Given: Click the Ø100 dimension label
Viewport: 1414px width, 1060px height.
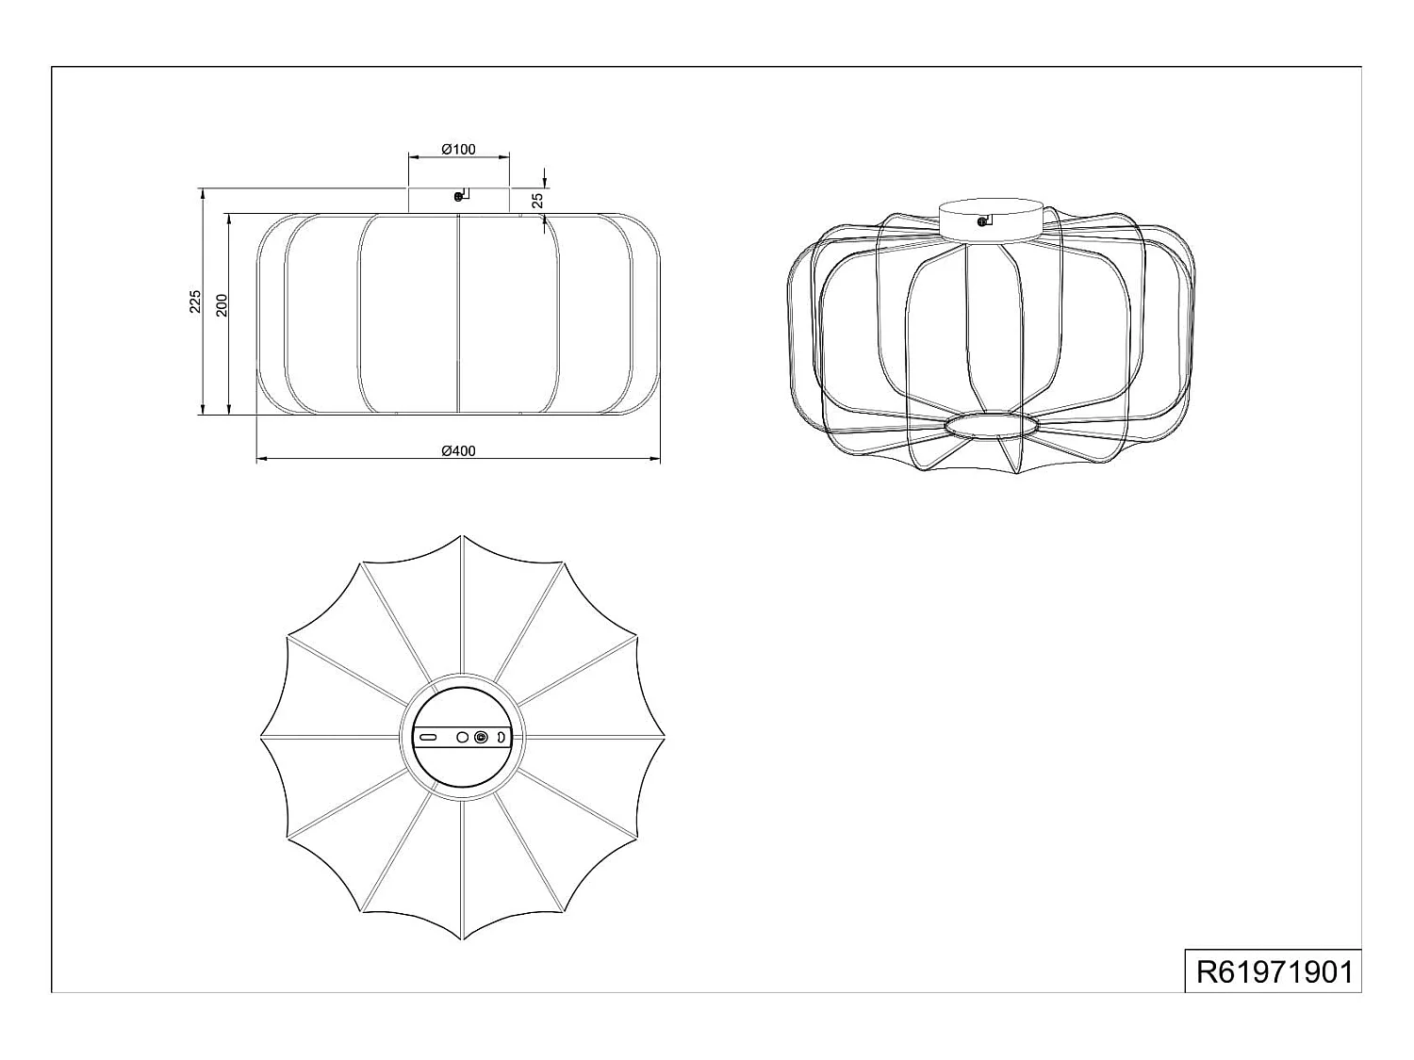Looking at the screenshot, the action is click(x=459, y=149).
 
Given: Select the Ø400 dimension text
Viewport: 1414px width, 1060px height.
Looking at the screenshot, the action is click(x=459, y=450).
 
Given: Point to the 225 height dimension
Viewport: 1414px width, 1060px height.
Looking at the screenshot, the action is click(x=194, y=302).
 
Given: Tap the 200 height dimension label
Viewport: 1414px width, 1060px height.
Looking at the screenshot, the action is click(x=221, y=305).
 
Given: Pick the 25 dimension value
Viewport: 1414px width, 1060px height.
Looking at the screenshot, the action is click(x=538, y=200).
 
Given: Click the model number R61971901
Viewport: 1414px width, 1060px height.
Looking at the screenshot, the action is click(x=1274, y=971).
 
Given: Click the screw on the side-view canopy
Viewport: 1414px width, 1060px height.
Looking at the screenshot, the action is click(x=458, y=196).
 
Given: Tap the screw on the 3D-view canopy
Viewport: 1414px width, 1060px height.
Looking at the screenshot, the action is click(x=981, y=222).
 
